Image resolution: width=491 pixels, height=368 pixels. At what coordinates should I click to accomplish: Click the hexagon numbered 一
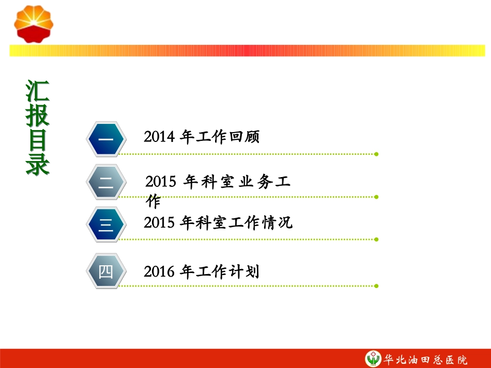[106, 139]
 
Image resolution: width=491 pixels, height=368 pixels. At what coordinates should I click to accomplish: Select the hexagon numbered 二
[106, 182]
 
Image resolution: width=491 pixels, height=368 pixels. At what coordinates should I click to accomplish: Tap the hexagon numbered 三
[106, 225]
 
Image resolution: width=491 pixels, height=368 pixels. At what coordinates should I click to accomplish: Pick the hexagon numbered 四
[106, 271]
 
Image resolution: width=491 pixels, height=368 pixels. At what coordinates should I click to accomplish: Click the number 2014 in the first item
[159, 137]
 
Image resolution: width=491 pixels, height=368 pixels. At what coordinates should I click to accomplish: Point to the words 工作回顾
[228, 137]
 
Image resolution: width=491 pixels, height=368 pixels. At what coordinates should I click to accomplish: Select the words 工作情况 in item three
[262, 222]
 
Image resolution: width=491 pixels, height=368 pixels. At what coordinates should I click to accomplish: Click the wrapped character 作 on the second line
[154, 201]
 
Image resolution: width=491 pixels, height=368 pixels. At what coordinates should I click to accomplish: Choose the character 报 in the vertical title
[38, 116]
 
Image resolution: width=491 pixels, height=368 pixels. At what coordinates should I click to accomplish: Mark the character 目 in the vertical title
[38, 140]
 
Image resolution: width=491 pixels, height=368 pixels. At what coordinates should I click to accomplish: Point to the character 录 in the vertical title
[38, 165]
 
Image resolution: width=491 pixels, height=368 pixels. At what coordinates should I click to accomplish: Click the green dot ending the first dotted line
[376, 154]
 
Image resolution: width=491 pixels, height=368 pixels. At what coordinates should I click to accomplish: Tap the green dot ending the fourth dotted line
[376, 286]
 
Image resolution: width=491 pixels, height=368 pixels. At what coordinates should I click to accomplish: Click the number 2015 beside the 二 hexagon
[161, 182]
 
